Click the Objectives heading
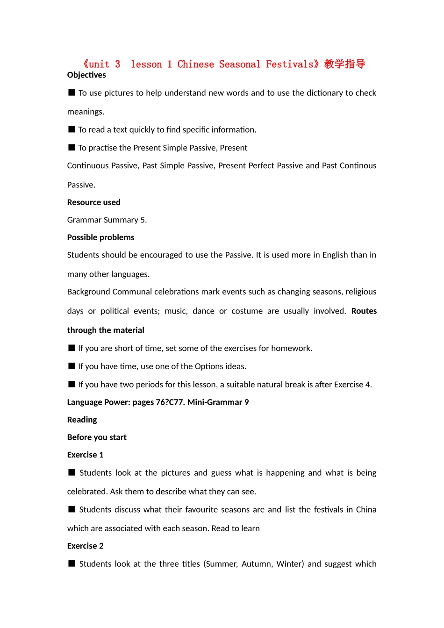point(86,75)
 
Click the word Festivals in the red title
point(290,64)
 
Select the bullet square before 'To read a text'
point(72,129)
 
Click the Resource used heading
point(93,202)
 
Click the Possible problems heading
point(100,237)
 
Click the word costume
point(247,311)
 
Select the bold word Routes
point(364,311)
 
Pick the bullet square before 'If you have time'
point(72,366)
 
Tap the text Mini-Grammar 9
point(218,402)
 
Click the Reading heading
point(82,420)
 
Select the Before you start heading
point(97,437)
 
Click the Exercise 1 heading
point(85,455)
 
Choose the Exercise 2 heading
point(85,546)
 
